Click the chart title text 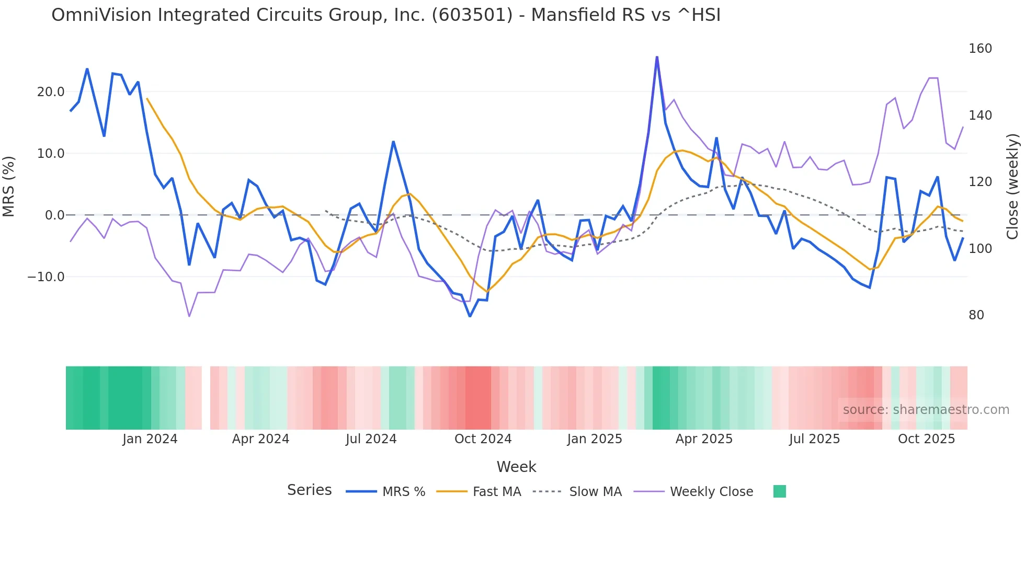[386, 15]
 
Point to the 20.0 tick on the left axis [51, 92]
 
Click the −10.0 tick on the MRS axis [46, 277]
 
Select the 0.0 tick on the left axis [54, 215]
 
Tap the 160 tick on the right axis [980, 49]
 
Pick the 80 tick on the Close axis [976, 315]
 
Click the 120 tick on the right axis [980, 182]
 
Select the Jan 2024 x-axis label [150, 439]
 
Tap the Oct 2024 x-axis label [483, 439]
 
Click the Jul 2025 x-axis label [814, 439]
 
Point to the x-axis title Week [516, 467]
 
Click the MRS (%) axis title [9, 186]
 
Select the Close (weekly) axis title [1012, 186]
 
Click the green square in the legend [779, 491]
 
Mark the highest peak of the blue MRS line [657, 57]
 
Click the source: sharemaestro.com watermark [926, 410]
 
